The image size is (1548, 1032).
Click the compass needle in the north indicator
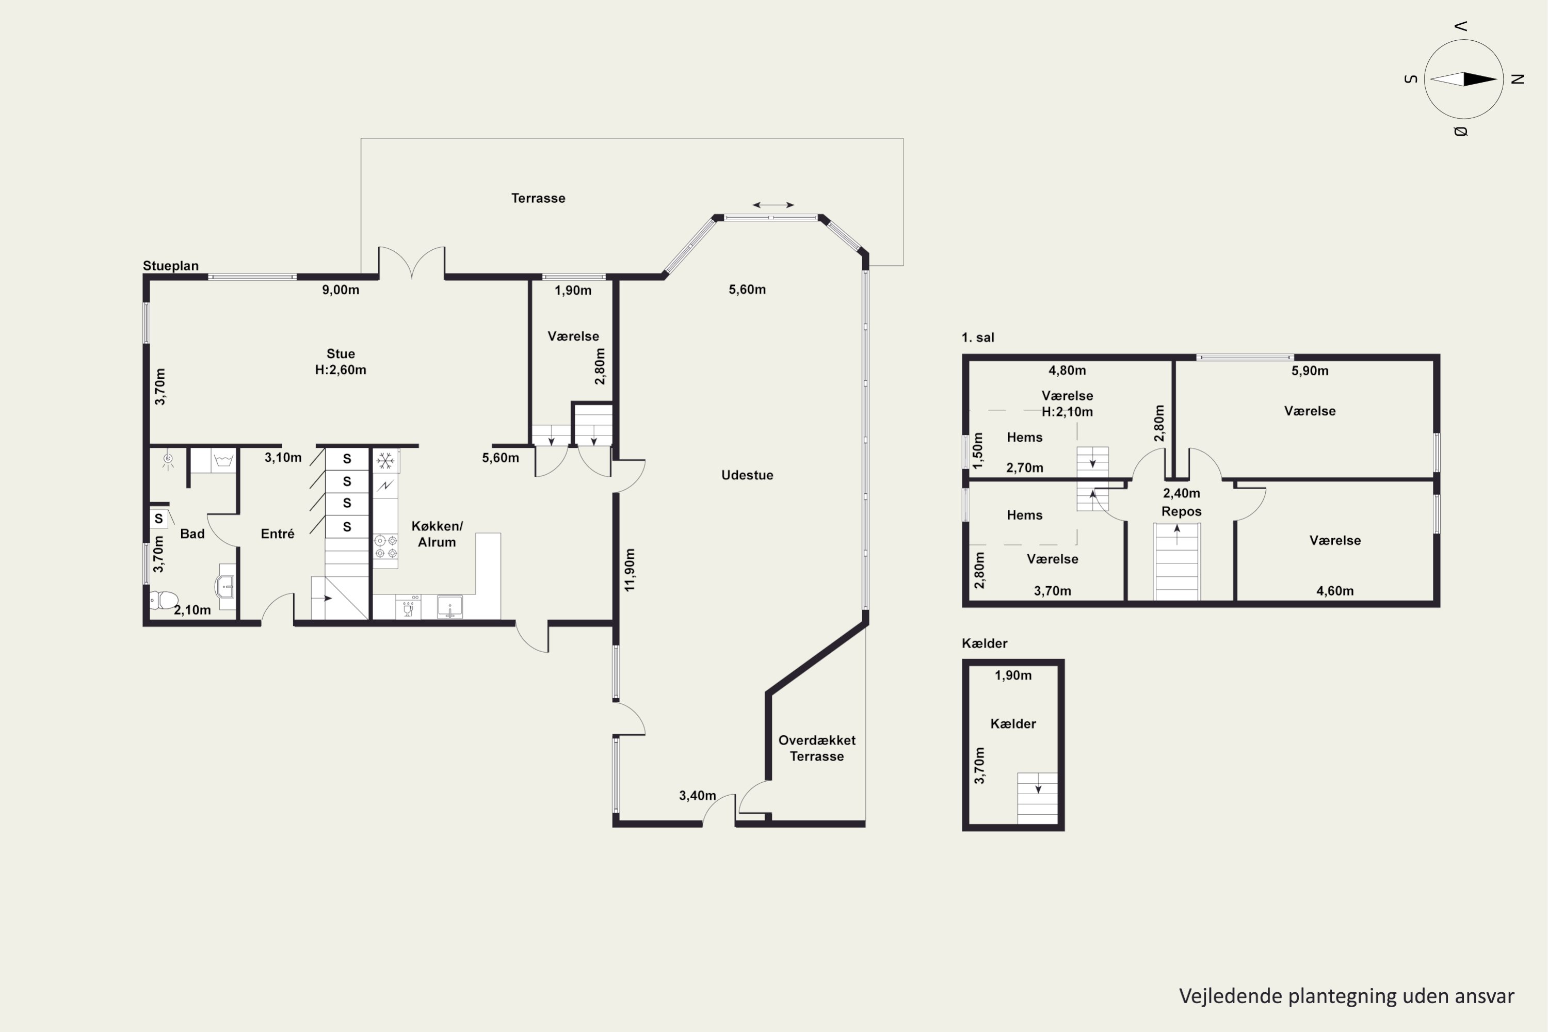point(1464,79)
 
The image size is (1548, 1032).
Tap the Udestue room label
point(747,475)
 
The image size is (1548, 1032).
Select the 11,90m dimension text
point(630,570)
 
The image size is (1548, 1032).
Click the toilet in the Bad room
point(164,600)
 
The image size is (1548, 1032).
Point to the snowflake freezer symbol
point(385,461)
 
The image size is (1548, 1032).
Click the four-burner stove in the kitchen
point(385,547)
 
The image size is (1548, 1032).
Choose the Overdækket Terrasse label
point(817,748)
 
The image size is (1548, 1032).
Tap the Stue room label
point(340,353)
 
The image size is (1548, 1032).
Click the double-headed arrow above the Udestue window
point(773,205)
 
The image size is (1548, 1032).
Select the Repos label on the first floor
point(1182,511)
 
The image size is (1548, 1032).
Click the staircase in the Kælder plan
point(1037,798)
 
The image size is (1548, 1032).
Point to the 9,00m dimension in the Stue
point(340,289)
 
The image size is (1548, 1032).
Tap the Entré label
point(277,534)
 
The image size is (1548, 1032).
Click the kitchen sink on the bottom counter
point(450,607)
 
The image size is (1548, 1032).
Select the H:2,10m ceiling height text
point(1067,412)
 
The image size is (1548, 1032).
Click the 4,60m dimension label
point(1335,591)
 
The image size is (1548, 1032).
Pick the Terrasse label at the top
point(538,198)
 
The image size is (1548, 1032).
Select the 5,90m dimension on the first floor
point(1310,370)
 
